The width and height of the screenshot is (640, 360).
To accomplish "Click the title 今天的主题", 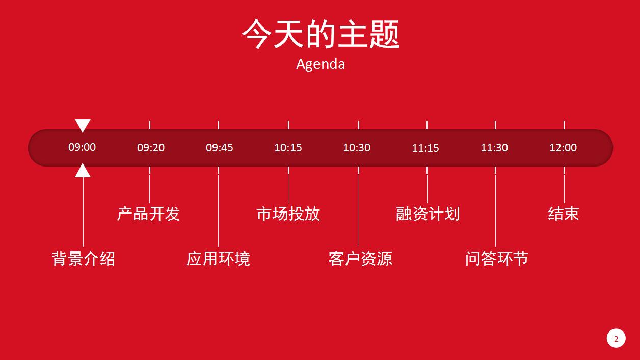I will click(x=321, y=34).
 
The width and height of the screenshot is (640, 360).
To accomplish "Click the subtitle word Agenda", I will click(x=321, y=64).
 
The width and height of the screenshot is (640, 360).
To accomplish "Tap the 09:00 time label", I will click(x=82, y=147).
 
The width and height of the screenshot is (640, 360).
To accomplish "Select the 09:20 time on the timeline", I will click(x=151, y=148).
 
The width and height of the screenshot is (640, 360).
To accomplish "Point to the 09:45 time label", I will click(x=220, y=148).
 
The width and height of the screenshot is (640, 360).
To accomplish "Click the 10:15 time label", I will click(x=288, y=148).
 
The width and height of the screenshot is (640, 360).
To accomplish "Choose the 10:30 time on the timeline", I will click(x=357, y=148).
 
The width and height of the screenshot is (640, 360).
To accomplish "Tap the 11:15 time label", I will click(x=425, y=148).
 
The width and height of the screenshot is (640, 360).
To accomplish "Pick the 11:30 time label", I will click(x=494, y=148).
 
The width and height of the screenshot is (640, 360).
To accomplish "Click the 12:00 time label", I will click(x=563, y=148).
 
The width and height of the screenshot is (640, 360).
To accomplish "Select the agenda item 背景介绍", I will click(x=84, y=259).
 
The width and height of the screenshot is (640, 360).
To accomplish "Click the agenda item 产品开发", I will click(x=149, y=214).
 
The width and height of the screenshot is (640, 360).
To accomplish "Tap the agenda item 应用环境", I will click(x=218, y=259).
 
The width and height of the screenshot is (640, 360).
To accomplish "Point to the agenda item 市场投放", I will click(x=288, y=214).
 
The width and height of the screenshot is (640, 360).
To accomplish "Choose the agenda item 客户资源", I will click(x=360, y=259).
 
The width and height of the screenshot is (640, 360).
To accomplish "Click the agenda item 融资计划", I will click(x=428, y=214).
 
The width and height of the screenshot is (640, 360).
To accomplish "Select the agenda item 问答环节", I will click(x=496, y=259).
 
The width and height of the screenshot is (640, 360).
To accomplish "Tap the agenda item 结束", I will click(x=564, y=214).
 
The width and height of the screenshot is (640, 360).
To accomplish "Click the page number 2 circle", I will click(x=616, y=339).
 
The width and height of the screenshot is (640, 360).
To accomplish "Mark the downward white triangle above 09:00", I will click(x=83, y=124).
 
